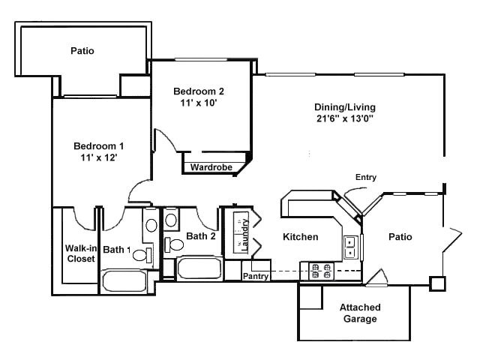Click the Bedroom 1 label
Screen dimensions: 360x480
pyautogui.click(x=98, y=145)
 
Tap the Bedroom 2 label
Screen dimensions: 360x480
pyautogui.click(x=199, y=91)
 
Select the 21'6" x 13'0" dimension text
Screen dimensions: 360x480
pyautogui.click(x=345, y=118)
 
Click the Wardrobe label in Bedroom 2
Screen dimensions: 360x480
pyautogui.click(x=209, y=167)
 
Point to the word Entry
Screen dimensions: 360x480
pyautogui.click(x=366, y=178)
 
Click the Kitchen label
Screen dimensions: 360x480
pyautogui.click(x=300, y=237)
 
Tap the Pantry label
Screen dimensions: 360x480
pyautogui.click(x=256, y=276)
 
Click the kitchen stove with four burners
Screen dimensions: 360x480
pyautogui.click(x=315, y=271)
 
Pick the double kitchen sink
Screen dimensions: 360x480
pyautogui.click(x=350, y=246)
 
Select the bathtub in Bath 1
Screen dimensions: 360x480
pyautogui.click(x=126, y=282)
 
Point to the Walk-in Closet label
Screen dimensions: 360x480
pyautogui.click(x=80, y=253)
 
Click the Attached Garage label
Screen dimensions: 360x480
pyautogui.click(x=360, y=313)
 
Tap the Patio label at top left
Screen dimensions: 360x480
pyautogui.click(x=82, y=52)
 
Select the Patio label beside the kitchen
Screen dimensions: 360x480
pyautogui.click(x=400, y=237)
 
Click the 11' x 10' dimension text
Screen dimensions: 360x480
pyautogui.click(x=199, y=103)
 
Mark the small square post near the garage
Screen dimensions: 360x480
pyautogui.click(x=437, y=283)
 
